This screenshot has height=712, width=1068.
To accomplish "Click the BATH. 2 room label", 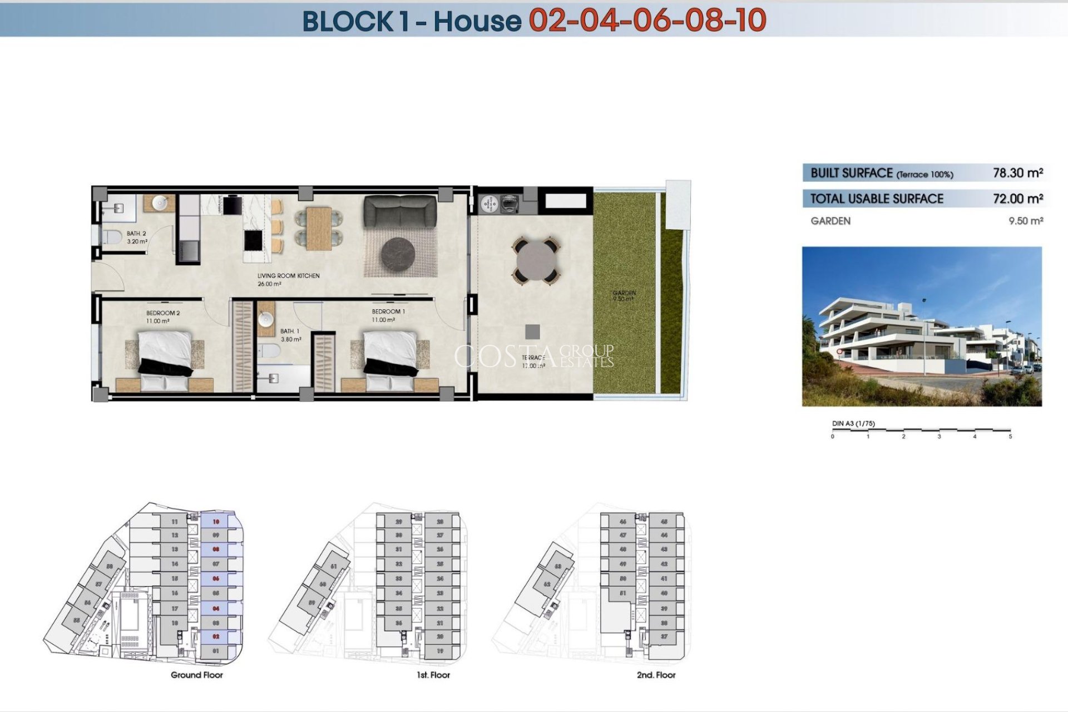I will pos(136,234).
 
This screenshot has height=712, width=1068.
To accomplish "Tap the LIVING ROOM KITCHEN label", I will pos(288,276).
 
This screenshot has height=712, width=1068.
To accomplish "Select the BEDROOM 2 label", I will pos(163,313).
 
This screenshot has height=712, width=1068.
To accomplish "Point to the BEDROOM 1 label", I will pos(388,311).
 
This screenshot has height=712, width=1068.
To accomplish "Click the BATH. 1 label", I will pos(289,332).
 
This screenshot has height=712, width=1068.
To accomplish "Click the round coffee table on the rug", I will pos(398,254).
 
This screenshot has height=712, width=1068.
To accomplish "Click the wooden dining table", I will pos(319,228).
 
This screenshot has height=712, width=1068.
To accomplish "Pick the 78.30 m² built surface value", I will pos(1017,173).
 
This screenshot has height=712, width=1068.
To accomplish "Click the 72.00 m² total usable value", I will pos(1017,199).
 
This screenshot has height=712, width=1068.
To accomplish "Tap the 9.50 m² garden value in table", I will pos(1025,221).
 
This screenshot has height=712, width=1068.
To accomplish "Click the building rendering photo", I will pos(922,327).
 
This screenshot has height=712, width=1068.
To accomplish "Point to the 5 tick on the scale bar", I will pos(1010,437).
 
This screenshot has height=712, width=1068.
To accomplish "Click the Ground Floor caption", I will pos(196,675).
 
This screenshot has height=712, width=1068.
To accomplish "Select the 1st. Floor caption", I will pos(433,675).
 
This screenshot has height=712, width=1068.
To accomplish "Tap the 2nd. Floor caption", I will pos(656,675).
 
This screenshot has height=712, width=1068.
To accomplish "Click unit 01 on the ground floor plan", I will pos(216,651).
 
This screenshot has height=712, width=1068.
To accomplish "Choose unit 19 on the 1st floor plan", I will pos(440,651).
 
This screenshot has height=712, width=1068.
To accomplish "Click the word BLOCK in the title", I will pos(348,21).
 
